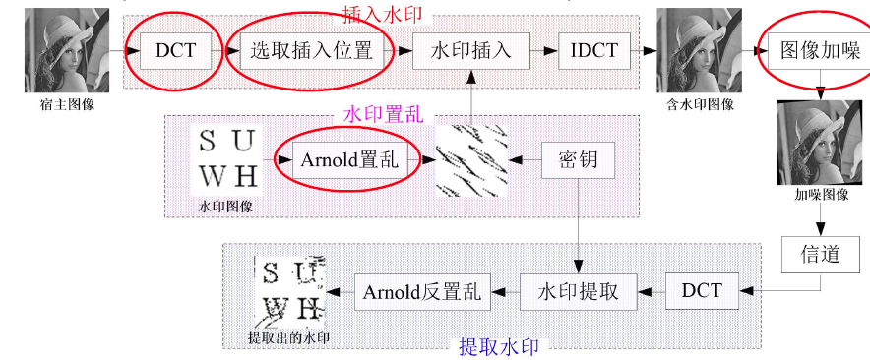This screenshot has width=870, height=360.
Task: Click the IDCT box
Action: coord(594,50)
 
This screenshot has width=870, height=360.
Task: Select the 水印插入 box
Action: coord(471,50)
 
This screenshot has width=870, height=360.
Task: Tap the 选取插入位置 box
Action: coord(311,50)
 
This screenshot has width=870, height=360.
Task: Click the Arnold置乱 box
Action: coord(349,160)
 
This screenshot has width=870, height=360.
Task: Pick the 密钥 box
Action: coord(578,160)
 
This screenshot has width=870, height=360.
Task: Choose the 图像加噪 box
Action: coord(820,50)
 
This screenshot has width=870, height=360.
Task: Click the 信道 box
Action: coord(821,254)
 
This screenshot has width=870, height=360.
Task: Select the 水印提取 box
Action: coord(578,291)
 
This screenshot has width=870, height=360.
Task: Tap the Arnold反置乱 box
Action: coord(422,291)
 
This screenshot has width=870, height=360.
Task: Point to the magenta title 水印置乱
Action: coord(384,115)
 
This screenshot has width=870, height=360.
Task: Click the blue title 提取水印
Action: coord(498,347)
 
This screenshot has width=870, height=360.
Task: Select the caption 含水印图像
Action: coord(700,104)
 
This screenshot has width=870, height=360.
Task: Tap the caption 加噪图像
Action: coord(821,194)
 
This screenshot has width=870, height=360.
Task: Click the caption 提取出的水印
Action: coord(288,337)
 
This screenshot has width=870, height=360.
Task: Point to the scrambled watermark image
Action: coord(471,161)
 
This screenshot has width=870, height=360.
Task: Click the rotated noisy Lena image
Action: coord(820,143)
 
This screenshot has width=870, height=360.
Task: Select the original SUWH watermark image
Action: coord(227,159)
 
